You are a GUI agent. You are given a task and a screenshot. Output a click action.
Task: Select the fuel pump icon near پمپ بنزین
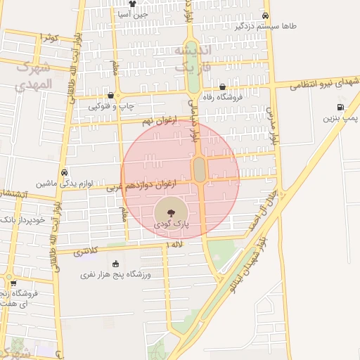[x=341, y=108]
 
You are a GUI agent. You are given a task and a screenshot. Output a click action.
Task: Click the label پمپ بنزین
[x=341, y=119]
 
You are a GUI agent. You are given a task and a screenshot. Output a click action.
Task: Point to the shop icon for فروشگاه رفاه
[x=222, y=86]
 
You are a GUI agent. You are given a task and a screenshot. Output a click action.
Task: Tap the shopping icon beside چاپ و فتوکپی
[x=110, y=96]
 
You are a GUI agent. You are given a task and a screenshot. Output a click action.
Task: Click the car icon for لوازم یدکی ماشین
[x=64, y=172]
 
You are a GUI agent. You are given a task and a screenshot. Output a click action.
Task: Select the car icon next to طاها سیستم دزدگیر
[x=265, y=15]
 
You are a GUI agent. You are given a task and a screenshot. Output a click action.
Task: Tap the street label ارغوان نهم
[x=156, y=122]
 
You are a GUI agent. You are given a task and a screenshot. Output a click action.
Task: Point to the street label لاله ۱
[x=173, y=244]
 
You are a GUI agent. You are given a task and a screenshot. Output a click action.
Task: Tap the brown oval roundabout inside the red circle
[x=200, y=169]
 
